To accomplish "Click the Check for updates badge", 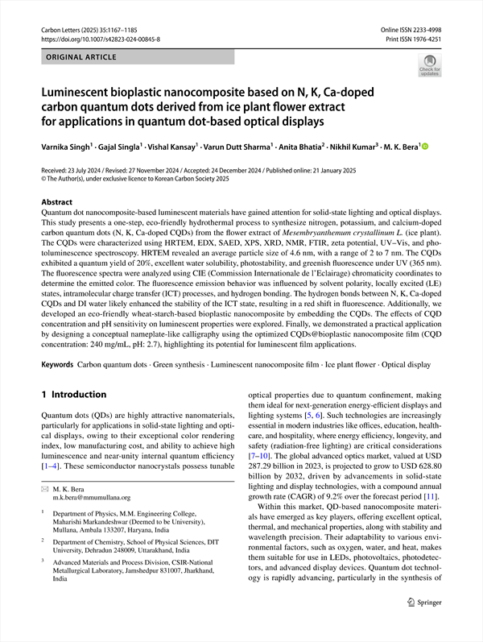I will (429, 65).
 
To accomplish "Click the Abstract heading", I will (57, 202).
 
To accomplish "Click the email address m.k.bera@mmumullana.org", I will (92, 498).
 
